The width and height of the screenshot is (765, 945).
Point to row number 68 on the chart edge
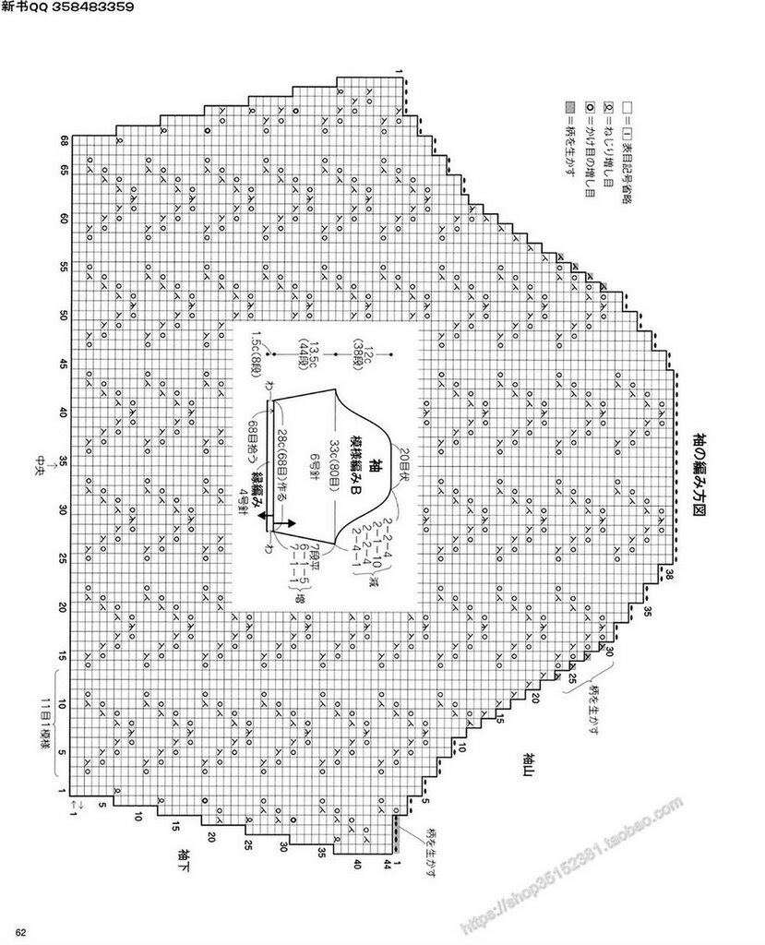66,142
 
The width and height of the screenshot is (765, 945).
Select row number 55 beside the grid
66,267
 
